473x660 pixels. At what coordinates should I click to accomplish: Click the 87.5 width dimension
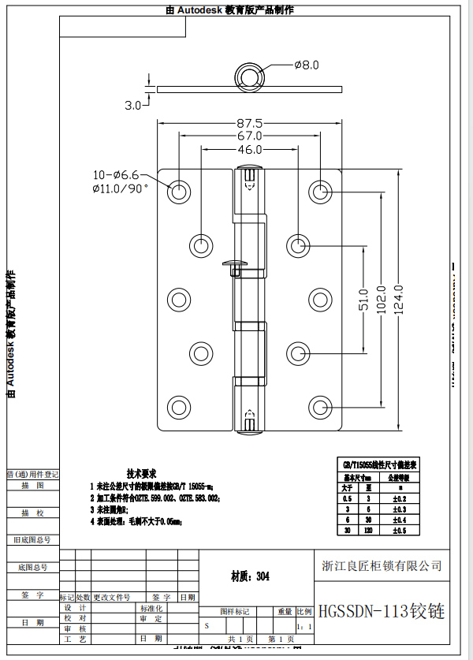point(249,123)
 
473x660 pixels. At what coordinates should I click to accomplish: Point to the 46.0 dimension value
point(249,150)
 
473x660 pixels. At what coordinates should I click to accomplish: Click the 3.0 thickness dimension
point(132,104)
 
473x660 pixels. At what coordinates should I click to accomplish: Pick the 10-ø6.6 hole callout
point(116,174)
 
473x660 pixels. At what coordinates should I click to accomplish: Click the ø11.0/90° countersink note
point(120,188)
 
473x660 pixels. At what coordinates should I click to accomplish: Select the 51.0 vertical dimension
point(363,300)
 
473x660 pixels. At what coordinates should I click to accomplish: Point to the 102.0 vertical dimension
point(382,300)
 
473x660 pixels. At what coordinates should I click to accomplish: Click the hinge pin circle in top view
point(251,77)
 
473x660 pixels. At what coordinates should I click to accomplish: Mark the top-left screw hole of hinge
point(180,192)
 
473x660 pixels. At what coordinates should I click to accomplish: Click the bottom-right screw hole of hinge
point(320,407)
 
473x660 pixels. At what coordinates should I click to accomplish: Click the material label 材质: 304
point(250,577)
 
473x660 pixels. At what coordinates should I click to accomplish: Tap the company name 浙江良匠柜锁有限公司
point(382,566)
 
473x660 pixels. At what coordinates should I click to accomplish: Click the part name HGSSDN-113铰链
point(382,612)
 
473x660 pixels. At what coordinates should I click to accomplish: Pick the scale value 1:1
point(304,627)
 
